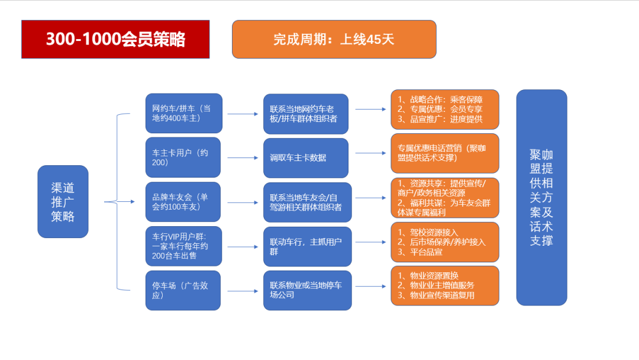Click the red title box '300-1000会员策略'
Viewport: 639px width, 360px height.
[115, 39]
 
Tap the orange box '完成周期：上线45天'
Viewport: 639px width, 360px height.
[334, 39]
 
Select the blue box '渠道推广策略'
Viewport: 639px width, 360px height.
[63, 201]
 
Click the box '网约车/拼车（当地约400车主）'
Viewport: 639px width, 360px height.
[184, 113]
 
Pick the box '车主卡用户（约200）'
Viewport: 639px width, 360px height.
[183, 157]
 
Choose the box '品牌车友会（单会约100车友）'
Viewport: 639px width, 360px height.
[183, 202]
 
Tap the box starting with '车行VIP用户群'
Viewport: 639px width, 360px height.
[184, 246]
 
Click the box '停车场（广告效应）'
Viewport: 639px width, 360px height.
[183, 290]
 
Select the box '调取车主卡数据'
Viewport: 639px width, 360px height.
[306, 158]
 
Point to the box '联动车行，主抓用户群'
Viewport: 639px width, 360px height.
[307, 247]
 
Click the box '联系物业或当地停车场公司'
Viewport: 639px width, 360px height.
[307, 290]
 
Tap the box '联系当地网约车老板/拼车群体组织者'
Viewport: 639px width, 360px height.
[306, 114]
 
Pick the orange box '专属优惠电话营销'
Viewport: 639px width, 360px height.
[445, 153]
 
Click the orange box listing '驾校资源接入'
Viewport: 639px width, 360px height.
[445, 242]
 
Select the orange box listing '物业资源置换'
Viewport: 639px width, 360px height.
[445, 286]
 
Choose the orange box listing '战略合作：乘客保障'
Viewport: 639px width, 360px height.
[445, 110]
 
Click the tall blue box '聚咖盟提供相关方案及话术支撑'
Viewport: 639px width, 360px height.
[541, 198]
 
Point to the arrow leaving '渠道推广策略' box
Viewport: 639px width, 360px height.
[120, 201]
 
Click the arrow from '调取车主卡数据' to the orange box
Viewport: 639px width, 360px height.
[370, 153]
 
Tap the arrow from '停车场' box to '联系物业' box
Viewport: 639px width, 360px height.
[243, 291]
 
